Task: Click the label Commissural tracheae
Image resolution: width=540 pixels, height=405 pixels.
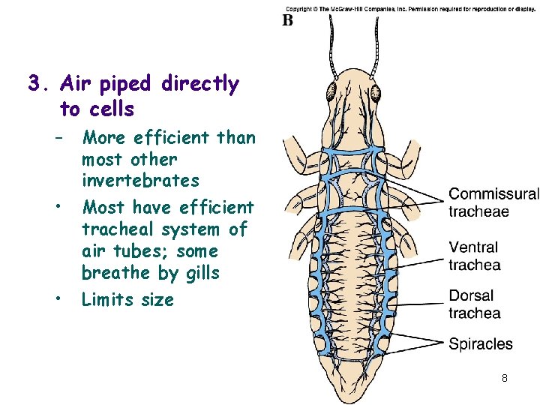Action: click(493, 202)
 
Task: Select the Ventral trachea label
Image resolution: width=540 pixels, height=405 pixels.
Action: click(475, 256)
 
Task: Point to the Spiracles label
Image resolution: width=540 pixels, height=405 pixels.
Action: click(481, 344)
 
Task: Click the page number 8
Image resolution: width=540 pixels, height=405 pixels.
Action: click(505, 378)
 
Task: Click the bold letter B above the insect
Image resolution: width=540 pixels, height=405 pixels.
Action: click(288, 20)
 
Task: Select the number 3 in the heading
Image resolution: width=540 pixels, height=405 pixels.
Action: click(34, 83)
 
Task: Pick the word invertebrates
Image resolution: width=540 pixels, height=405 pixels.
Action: click(140, 181)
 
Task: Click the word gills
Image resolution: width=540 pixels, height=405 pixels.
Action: click(200, 274)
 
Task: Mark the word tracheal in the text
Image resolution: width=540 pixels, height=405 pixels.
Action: click(120, 229)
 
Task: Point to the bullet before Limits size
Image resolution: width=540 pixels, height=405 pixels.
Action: click(57, 300)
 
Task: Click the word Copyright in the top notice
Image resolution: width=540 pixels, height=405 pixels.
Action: click(301, 8)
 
